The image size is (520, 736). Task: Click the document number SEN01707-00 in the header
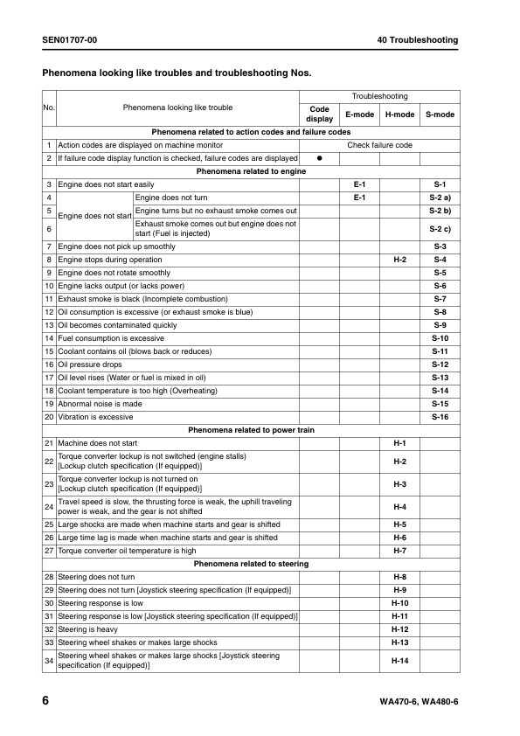click(69, 40)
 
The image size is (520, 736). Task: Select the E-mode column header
click(359, 115)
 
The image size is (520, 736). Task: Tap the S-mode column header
click(440, 115)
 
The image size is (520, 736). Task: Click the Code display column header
click(320, 115)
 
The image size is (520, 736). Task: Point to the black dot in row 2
click(320, 158)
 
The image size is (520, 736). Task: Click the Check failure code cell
click(379, 145)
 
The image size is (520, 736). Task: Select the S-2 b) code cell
click(440, 211)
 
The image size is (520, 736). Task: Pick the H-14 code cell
click(399, 661)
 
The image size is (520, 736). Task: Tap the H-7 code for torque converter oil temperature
click(399, 551)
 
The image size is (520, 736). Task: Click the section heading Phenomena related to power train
click(251, 430)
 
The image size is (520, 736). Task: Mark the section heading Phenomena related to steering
click(251, 564)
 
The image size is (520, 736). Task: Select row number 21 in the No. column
click(49, 443)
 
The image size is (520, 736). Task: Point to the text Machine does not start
click(97, 443)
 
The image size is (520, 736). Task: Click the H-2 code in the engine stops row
click(399, 260)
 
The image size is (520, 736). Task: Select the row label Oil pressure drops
click(88, 365)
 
